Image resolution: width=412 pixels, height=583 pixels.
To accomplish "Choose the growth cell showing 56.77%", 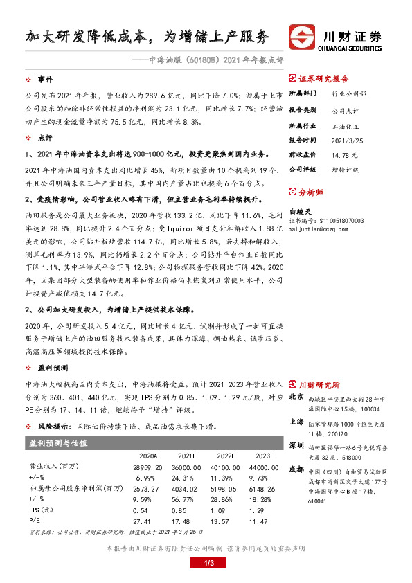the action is pyautogui.click(x=188, y=498).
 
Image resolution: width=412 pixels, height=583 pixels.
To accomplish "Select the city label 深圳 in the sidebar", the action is pyautogui.click(x=296, y=444).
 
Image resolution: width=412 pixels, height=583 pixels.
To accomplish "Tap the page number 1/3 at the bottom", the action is pyautogui.click(x=206, y=565).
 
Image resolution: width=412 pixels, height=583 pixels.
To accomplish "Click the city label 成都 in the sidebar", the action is pyautogui.click(x=296, y=469).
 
